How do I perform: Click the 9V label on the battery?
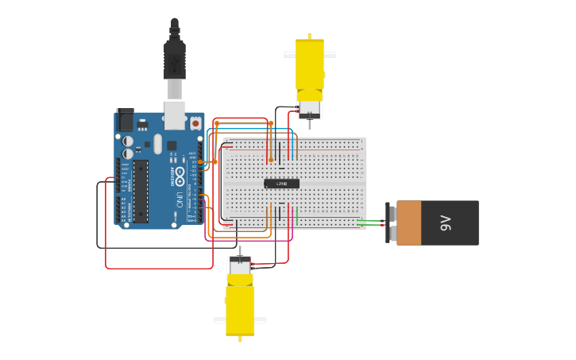(x=446, y=223)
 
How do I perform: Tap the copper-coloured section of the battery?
(x=408, y=223)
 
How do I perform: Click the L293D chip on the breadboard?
(x=281, y=184)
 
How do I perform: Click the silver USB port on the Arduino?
(x=175, y=114)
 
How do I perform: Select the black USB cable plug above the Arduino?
(x=175, y=60)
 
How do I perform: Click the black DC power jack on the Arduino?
(x=126, y=120)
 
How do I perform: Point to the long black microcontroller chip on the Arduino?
(x=141, y=191)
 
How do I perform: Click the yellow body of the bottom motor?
(x=240, y=310)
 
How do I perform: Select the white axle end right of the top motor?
(x=330, y=55)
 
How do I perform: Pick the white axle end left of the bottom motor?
(x=219, y=320)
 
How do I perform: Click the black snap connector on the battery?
(x=390, y=223)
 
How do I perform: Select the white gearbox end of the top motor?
(x=309, y=104)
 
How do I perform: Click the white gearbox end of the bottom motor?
(x=239, y=266)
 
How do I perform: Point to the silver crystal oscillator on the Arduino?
(x=158, y=144)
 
